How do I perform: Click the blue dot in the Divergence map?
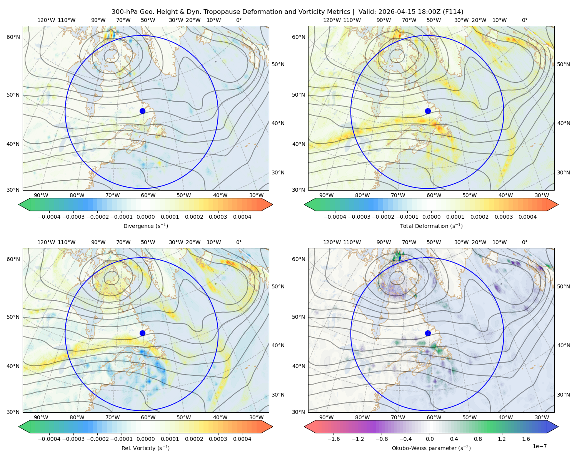[x=142, y=111]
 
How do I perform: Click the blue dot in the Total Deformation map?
[x=428, y=111]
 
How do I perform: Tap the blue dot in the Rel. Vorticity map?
[x=142, y=333]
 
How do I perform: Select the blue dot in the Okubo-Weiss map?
[x=428, y=333]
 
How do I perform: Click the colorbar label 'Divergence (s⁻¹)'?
[x=145, y=226]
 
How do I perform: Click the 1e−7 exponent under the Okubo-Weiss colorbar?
[x=539, y=446]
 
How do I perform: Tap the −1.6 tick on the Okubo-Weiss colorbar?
[x=334, y=439]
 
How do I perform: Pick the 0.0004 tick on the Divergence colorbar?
[x=242, y=217]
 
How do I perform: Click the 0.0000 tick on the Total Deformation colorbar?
[x=431, y=217]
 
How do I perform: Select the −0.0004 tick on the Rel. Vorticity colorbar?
[x=49, y=439]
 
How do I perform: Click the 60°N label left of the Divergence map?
[x=13, y=37]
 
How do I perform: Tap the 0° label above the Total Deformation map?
[x=524, y=20]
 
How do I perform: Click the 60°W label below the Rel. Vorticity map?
[x=148, y=417]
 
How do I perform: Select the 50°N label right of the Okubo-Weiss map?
[x=563, y=286]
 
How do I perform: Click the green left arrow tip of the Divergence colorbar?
[x=19, y=204]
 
